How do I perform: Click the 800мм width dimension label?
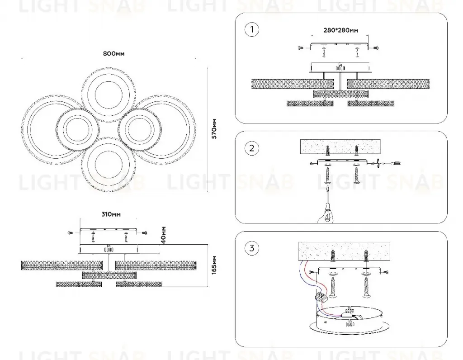coord(113,53)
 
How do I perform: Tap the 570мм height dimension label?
coord(214,129)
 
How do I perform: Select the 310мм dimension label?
coord(111,214)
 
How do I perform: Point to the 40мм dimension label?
coord(164,235)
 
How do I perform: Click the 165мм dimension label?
coord(214,265)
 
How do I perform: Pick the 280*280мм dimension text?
coord(341,30)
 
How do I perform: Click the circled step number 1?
coord(251,29)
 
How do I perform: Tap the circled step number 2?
coord(251,148)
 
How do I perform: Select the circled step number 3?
coord(251,248)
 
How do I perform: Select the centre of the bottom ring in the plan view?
coord(109,164)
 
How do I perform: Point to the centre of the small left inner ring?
coord(77,129)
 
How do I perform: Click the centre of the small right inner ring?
coord(139,129)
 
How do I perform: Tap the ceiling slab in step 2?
coord(340,147)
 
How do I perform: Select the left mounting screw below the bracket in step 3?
coord(333,286)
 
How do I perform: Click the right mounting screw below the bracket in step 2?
coord(356,175)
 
